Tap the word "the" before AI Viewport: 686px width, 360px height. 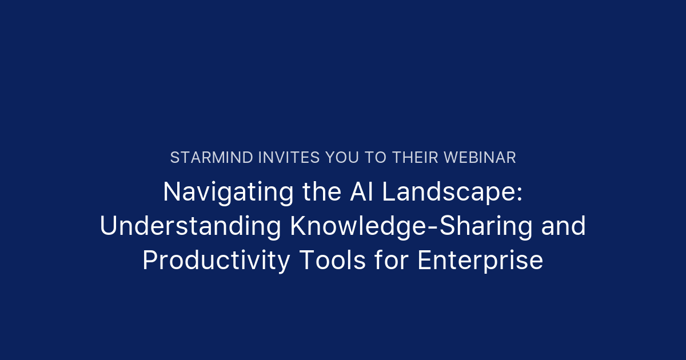(x=317, y=192)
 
